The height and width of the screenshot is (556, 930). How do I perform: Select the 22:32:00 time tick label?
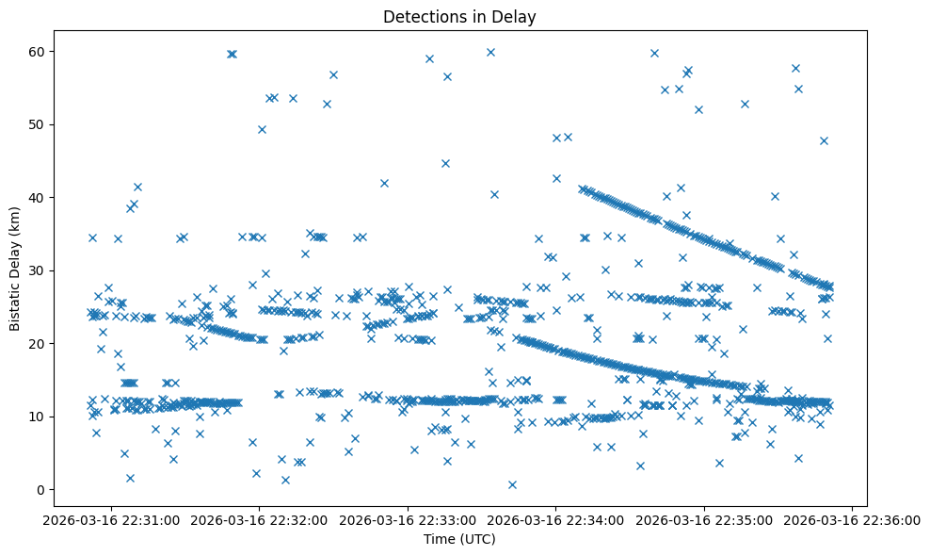point(260,519)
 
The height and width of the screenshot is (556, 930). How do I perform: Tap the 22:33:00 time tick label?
point(408,519)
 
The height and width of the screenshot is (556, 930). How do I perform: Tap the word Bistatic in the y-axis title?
point(15,302)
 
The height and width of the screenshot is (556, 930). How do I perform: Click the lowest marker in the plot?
point(512,484)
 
